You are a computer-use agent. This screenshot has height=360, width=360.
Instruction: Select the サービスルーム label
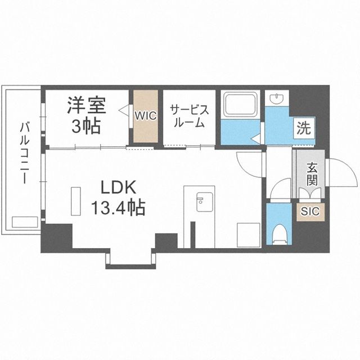pyautogui.click(x=189, y=115)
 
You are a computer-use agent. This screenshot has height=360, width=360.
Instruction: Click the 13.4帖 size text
pyautogui.click(x=118, y=209)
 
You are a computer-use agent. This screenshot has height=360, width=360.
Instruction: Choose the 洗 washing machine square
pyautogui.click(x=304, y=128)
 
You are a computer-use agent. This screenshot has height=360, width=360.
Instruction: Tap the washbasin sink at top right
pyautogui.click(x=277, y=100)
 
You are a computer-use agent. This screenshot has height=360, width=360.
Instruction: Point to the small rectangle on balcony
pyautogui.click(x=24, y=221)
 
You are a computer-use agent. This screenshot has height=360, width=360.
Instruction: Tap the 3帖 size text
pyautogui.click(x=86, y=126)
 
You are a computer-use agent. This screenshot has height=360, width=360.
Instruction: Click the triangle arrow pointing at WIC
pyautogui.click(x=121, y=112)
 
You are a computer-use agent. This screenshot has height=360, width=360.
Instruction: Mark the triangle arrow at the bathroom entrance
pyautogui.click(x=255, y=136)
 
